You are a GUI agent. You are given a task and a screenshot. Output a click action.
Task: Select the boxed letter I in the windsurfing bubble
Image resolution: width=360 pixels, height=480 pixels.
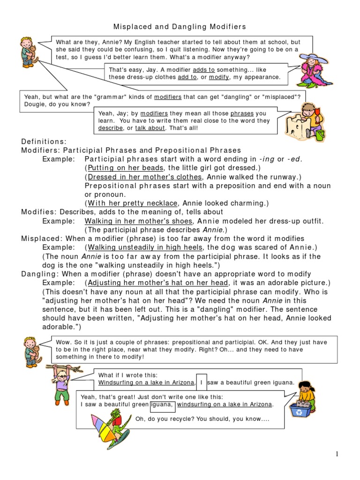click(x=201, y=382)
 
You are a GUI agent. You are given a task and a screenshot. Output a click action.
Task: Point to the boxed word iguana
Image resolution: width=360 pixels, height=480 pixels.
click(x=162, y=405)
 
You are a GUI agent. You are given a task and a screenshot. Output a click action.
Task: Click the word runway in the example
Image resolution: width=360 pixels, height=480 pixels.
click(x=284, y=177)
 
